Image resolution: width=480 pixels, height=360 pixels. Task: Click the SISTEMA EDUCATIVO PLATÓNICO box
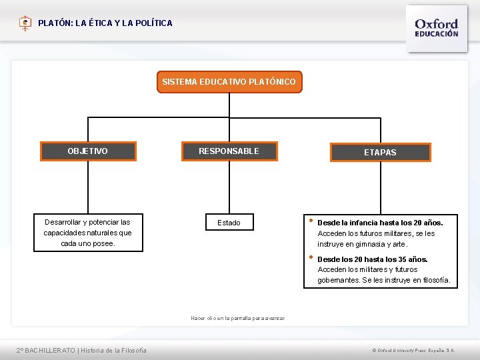pyautogui.click(x=229, y=82)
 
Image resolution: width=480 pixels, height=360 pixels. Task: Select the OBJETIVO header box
pyautogui.click(x=87, y=151)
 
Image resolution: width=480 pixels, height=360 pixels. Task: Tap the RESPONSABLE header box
pyautogui.click(x=229, y=151)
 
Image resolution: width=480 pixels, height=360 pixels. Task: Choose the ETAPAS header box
pyautogui.click(x=380, y=153)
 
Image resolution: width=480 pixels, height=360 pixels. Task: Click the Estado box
pyautogui.click(x=229, y=223)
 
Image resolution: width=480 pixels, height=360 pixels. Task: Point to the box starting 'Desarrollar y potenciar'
pyautogui.click(x=88, y=233)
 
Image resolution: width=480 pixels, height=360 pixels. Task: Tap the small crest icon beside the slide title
pyautogui.click(x=25, y=23)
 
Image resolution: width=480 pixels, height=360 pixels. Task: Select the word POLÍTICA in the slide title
pyautogui.click(x=155, y=23)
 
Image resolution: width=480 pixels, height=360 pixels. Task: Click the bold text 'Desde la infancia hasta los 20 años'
pyautogui.click(x=380, y=223)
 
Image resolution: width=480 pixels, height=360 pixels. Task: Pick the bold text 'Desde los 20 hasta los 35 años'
pyautogui.click(x=373, y=259)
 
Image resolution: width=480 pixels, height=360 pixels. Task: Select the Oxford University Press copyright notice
pyautogui.click(x=413, y=351)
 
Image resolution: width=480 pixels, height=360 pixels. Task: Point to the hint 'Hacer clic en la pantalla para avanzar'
pyautogui.click(x=237, y=318)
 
